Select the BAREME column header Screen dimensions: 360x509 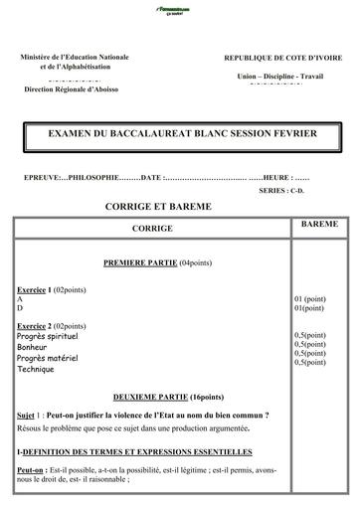[x=318, y=225]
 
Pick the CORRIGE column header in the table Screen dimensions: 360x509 [x=151, y=229]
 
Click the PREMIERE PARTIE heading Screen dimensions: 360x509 [x=136, y=262]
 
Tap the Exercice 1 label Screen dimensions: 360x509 [x=35, y=288]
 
